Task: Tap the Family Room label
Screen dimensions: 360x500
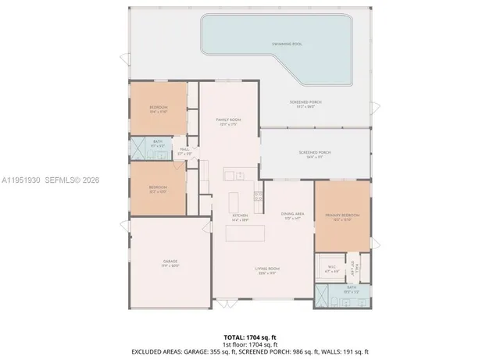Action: [228, 120]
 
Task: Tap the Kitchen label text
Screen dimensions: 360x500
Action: [240, 216]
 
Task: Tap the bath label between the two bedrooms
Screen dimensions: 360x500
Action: [159, 144]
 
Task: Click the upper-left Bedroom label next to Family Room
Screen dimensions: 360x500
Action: [159, 109]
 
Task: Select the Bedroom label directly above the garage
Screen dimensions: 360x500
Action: [159, 188]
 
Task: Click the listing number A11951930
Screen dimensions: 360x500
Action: [21, 180]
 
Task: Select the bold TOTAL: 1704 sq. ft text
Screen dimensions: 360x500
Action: [249, 337]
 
